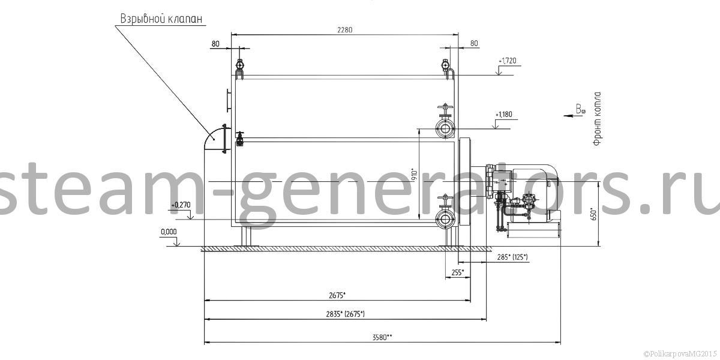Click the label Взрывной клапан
(161, 19)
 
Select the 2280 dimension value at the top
(345, 30)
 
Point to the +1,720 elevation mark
(508, 61)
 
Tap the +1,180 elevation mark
(503, 115)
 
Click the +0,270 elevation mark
(181, 205)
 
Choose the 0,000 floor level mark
(169, 232)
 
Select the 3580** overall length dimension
(382, 337)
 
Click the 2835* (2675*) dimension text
(345, 314)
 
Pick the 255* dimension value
(458, 272)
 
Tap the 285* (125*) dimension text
(512, 257)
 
